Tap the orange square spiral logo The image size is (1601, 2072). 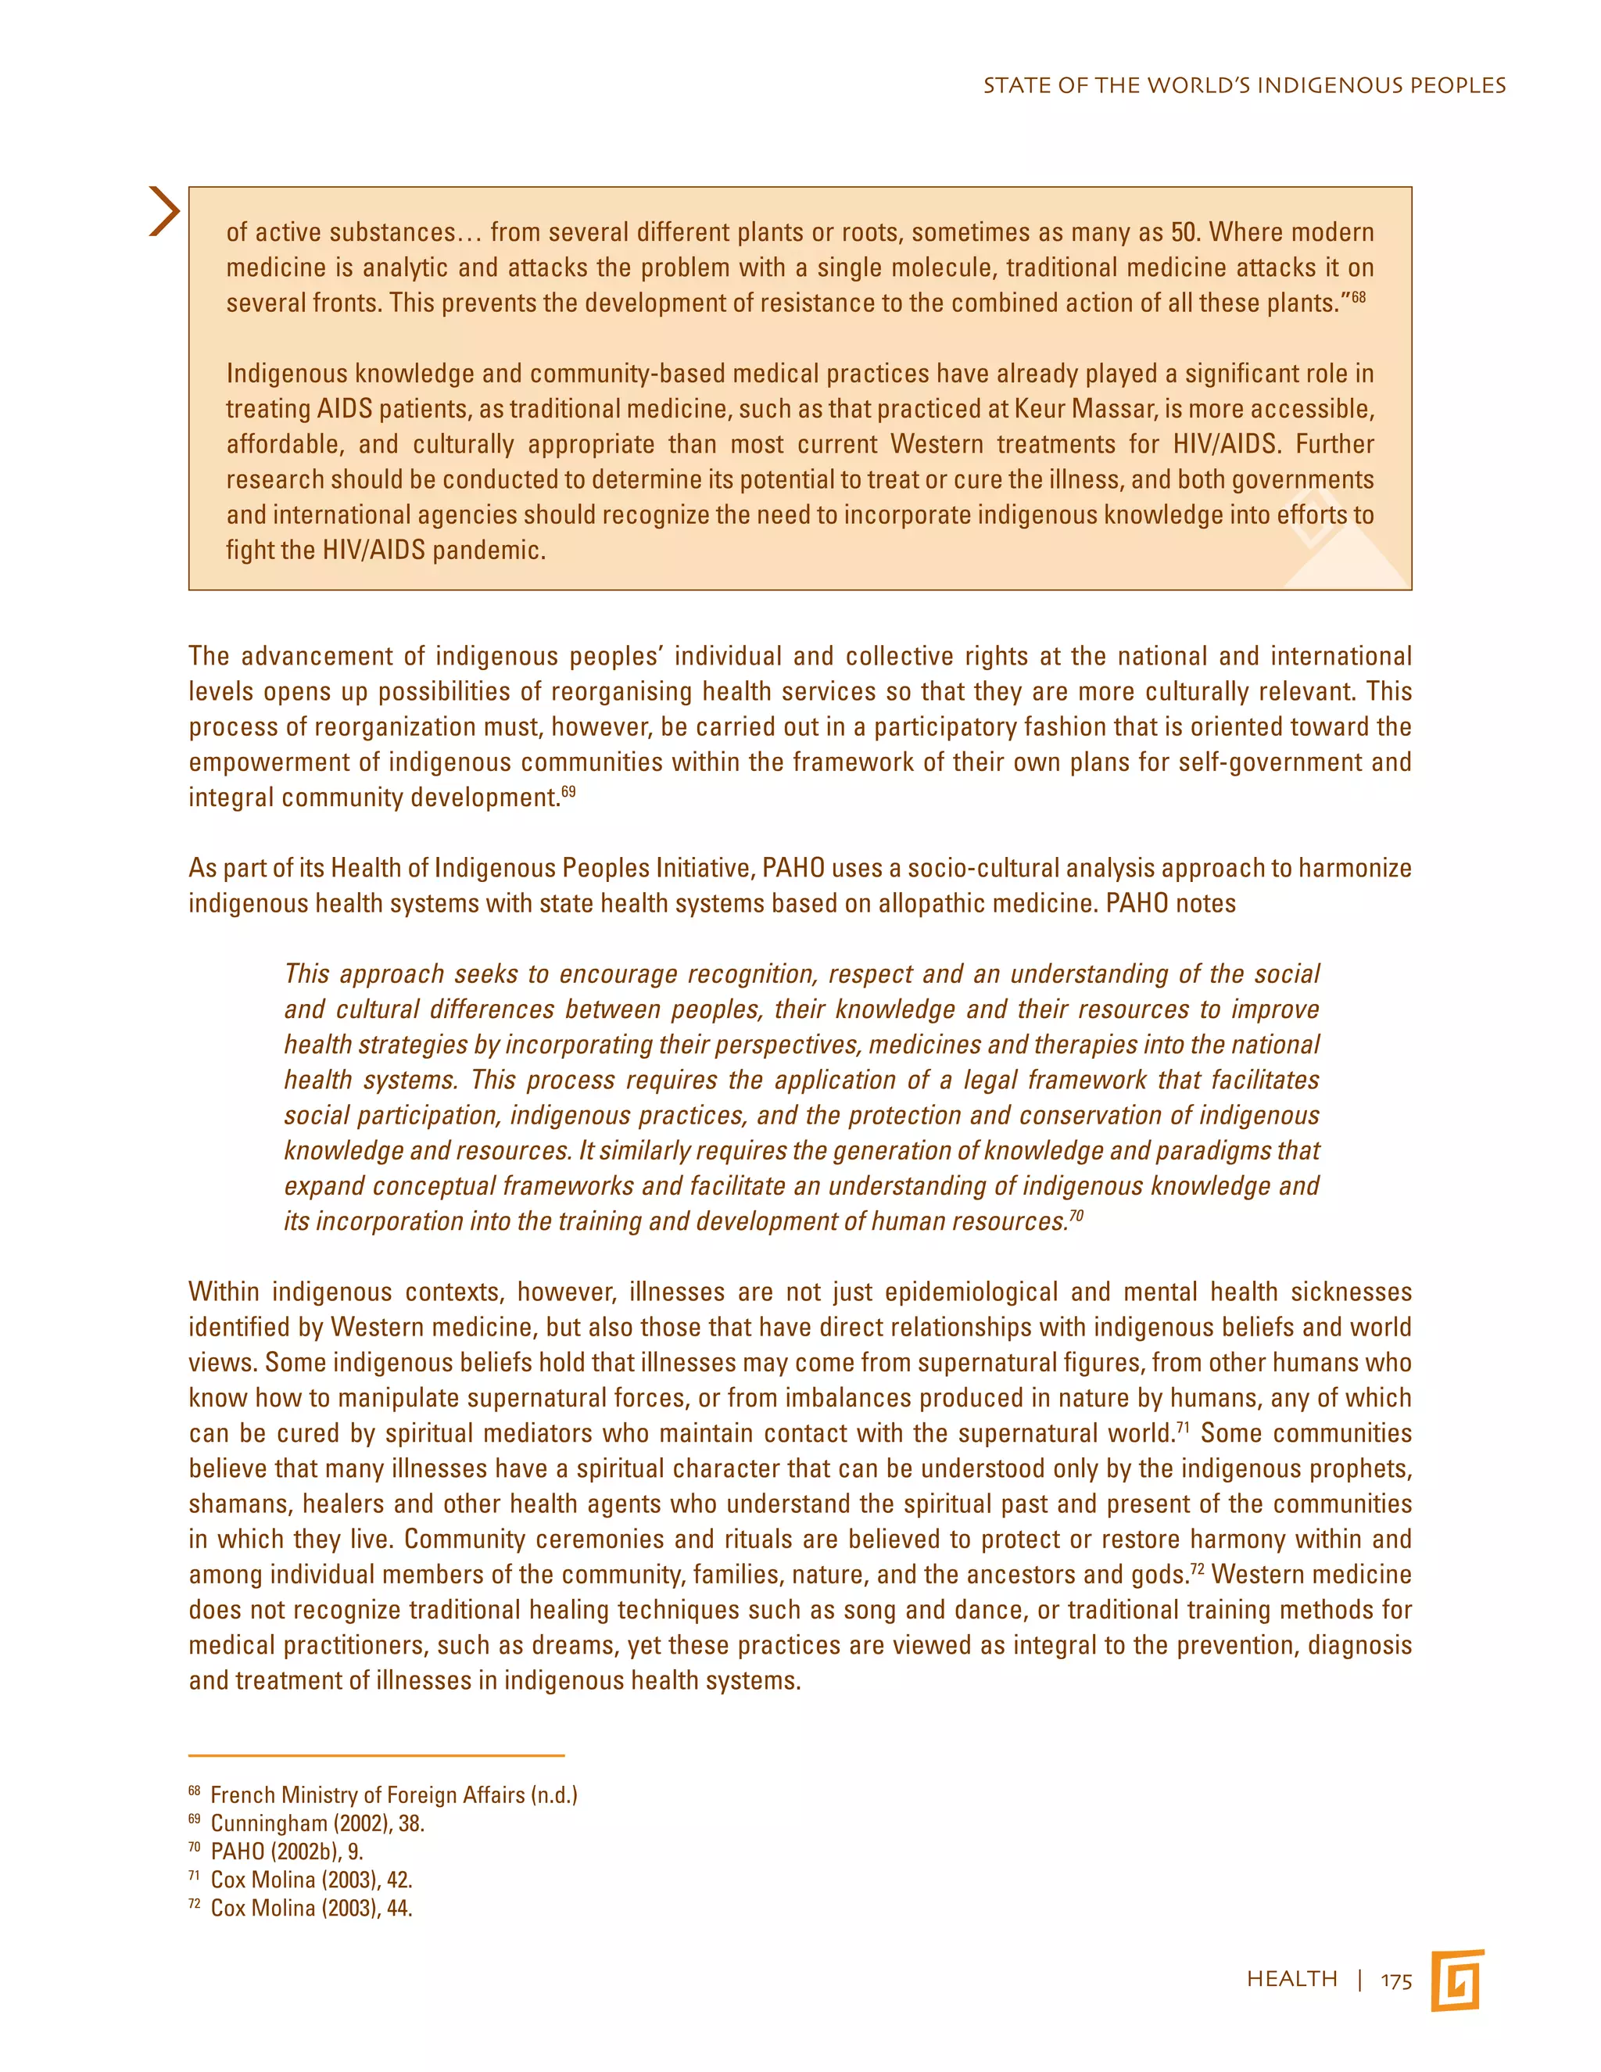[1458, 1980]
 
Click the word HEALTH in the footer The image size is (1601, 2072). [1291, 1979]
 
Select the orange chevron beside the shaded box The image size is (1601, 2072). [165, 210]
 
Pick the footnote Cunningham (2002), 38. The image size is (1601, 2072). [317, 1823]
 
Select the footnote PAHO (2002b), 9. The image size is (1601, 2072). [286, 1852]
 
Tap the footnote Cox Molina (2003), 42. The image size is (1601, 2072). [311, 1880]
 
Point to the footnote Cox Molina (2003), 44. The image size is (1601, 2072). [311, 1909]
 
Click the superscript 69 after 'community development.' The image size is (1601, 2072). [568, 791]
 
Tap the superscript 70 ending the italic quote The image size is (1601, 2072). [1076, 1215]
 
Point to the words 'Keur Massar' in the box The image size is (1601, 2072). [1075, 409]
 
